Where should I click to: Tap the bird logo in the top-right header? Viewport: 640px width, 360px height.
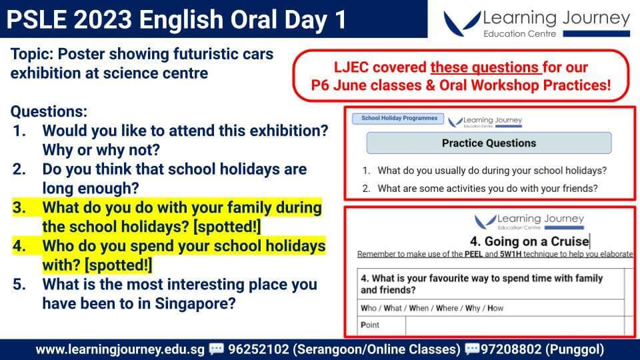[x=462, y=24]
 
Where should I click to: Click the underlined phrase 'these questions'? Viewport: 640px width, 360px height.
[x=486, y=67]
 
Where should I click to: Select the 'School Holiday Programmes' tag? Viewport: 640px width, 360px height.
[x=398, y=119]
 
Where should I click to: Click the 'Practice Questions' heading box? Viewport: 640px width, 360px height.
[x=489, y=143]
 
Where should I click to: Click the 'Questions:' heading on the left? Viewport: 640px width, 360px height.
[x=49, y=111]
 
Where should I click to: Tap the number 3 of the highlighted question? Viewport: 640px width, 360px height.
[x=19, y=208]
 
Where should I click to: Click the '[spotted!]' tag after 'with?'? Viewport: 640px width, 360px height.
[x=119, y=265]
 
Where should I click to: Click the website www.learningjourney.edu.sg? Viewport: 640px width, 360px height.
[x=120, y=350]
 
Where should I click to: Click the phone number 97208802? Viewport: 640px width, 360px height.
[x=511, y=350]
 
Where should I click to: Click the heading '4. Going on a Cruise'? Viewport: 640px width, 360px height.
[x=529, y=241]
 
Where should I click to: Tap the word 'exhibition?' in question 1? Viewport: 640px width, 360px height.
[x=289, y=131]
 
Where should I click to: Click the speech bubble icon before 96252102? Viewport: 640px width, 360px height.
[x=216, y=349]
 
